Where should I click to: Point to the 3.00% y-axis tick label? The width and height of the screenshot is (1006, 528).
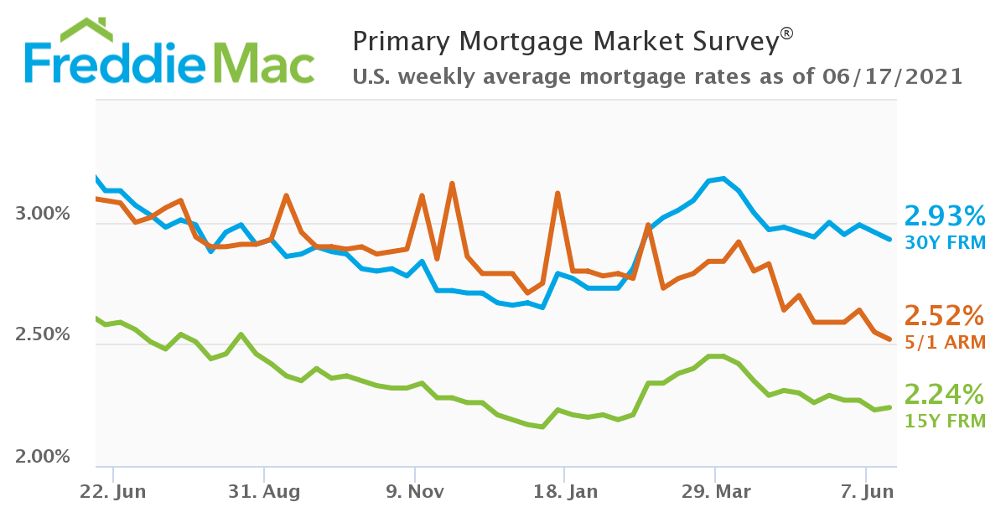coord(43,215)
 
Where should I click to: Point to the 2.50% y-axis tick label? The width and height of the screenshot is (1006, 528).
coord(43,335)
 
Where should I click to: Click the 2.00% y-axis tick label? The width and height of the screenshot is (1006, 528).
coord(43,458)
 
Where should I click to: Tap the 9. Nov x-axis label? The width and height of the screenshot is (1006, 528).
coord(413,492)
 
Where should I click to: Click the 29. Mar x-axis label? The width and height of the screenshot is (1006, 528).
coord(714,492)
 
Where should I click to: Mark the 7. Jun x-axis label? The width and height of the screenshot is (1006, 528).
coord(865,492)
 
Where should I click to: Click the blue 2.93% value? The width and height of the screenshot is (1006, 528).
coord(944,218)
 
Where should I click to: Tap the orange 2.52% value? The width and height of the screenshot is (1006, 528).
coord(944,316)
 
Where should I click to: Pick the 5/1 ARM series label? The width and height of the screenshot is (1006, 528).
coord(944,342)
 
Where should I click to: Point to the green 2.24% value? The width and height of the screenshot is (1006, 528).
coord(944,393)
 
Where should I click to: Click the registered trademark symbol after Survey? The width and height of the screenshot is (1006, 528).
coord(786,34)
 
